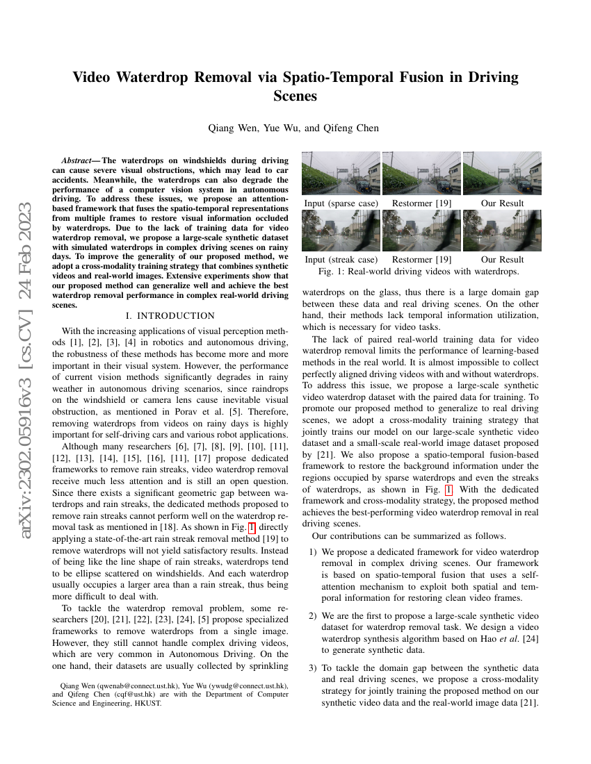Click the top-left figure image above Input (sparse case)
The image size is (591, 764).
341,174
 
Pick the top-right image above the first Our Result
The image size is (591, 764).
502,174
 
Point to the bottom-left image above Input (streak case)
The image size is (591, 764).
341,231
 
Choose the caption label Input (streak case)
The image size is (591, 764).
341,260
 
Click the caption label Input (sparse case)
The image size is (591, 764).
341,203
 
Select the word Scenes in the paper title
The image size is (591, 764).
295,97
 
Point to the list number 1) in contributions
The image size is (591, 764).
313,551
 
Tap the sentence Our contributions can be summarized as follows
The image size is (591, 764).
409,535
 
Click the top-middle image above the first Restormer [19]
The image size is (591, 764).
421,174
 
